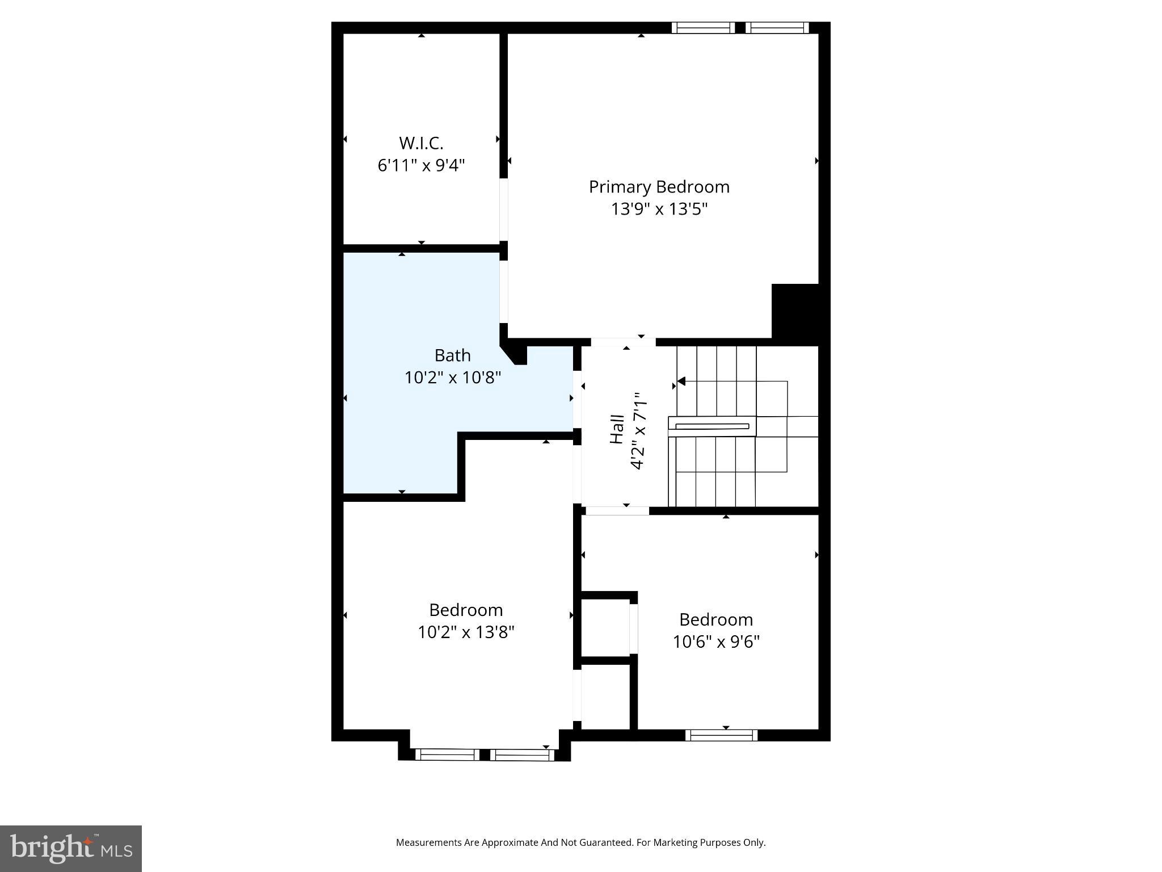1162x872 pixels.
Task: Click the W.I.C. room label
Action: [420, 142]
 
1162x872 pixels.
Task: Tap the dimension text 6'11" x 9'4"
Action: [421, 166]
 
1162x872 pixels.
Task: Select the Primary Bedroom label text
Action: [659, 187]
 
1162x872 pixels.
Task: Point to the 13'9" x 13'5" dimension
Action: [659, 209]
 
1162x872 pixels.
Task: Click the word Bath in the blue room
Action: [452, 355]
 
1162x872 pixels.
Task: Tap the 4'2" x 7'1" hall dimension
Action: [638, 430]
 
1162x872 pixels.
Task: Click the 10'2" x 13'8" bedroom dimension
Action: [466, 632]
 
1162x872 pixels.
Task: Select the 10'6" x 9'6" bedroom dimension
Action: [716, 642]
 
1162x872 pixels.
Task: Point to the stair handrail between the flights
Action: [712, 426]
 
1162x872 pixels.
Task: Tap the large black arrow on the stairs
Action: [681, 381]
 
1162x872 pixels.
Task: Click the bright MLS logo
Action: [71, 849]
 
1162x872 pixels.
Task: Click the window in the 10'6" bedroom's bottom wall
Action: [721, 735]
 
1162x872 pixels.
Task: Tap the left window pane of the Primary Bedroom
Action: [703, 28]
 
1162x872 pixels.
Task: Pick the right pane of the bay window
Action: [522, 754]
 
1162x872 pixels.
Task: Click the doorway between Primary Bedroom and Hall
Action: [623, 342]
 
